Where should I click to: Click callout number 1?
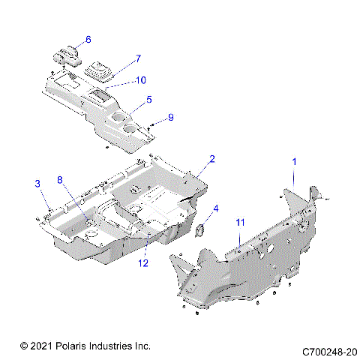pyautogui.click(x=294, y=162)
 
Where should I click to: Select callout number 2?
pyautogui.click(x=212, y=159)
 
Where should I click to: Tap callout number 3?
pyautogui.click(x=37, y=184)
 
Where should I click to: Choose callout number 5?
pyautogui.click(x=148, y=99)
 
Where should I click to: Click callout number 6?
pyautogui.click(x=88, y=39)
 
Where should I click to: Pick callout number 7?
pyautogui.click(x=137, y=58)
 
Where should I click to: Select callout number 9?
pyautogui.click(x=170, y=117)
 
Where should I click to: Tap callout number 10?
pyautogui.click(x=141, y=79)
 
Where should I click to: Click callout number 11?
pyautogui.click(x=240, y=223)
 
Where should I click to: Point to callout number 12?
pyautogui.click(x=142, y=262)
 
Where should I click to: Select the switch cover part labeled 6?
pyautogui.click(x=67, y=55)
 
